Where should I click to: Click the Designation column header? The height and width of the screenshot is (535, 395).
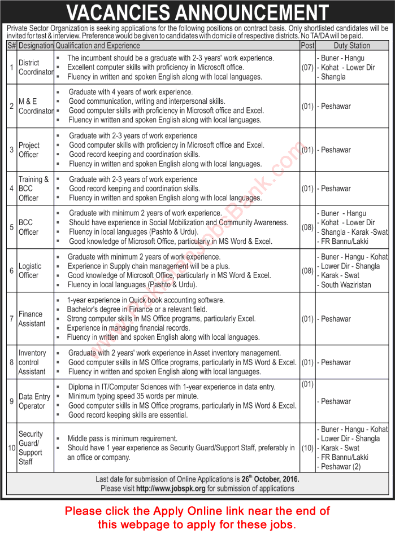pos(36,45)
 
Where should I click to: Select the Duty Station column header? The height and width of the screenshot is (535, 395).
pos(351,45)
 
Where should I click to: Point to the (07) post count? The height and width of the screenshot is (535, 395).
pos(307,67)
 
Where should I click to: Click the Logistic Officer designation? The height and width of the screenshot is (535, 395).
pos(30,270)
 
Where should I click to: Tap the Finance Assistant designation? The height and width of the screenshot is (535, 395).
pos(32,319)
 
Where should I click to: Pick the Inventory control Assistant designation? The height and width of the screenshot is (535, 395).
pos(32,362)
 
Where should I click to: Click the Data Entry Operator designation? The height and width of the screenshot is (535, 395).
pos(34,401)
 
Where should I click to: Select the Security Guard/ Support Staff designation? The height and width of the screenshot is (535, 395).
pos(31,448)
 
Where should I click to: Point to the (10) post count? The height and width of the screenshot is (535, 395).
pos(307,448)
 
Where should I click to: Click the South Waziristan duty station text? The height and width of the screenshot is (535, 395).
pos(346,284)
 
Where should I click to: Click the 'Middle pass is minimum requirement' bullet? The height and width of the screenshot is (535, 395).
pos(123,438)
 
